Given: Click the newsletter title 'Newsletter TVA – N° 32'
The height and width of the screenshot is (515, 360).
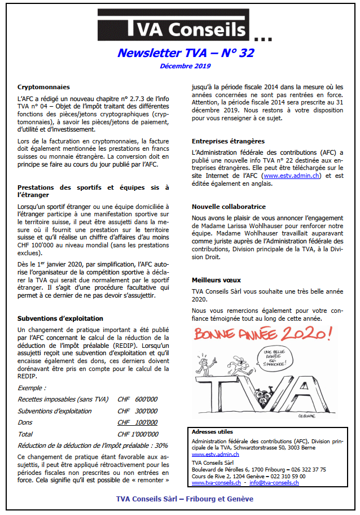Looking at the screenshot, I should click(x=186, y=53).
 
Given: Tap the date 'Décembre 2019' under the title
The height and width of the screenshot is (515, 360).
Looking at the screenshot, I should click(x=185, y=66).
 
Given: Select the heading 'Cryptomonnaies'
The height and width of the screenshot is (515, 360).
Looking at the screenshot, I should click(x=43, y=87).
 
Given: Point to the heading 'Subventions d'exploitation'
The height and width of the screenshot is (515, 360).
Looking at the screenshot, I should click(x=60, y=318).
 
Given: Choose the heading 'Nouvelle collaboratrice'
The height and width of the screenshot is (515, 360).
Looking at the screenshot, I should click(x=229, y=207).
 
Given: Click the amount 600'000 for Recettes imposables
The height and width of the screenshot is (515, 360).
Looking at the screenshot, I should click(x=146, y=399).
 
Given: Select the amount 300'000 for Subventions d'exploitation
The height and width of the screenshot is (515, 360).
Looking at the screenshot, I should click(x=146, y=411).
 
